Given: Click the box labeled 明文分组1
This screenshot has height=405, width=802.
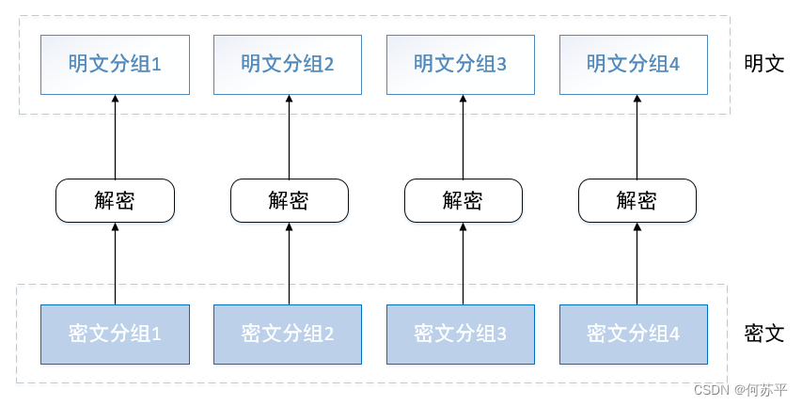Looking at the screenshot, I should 115,65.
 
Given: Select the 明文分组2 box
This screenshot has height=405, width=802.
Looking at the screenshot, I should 288,65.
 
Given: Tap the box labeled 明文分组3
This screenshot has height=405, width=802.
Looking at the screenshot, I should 461,65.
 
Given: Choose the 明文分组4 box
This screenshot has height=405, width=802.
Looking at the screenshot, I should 634,65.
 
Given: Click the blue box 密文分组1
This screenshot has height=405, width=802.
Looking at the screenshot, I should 115,334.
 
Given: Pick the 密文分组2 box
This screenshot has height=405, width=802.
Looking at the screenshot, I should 288,334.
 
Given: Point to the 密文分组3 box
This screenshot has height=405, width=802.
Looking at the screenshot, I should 461,334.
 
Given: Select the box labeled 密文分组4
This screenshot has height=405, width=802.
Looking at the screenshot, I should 634,334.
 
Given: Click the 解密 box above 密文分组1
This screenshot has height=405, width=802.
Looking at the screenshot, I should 115,200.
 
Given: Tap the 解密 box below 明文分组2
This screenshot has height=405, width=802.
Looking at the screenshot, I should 289,200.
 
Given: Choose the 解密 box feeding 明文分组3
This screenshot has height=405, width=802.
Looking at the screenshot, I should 463,200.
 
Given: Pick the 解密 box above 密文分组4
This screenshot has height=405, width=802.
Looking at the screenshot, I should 637,200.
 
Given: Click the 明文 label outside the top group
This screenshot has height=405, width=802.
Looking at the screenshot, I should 763,64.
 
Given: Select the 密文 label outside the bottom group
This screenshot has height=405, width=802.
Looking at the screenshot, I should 763,334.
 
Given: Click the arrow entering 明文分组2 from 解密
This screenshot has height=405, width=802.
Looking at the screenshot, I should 289,136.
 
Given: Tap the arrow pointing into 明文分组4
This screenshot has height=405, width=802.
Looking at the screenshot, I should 637,136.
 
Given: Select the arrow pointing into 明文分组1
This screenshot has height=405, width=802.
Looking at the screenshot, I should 115,136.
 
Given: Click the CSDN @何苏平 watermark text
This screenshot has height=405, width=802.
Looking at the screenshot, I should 740,390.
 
